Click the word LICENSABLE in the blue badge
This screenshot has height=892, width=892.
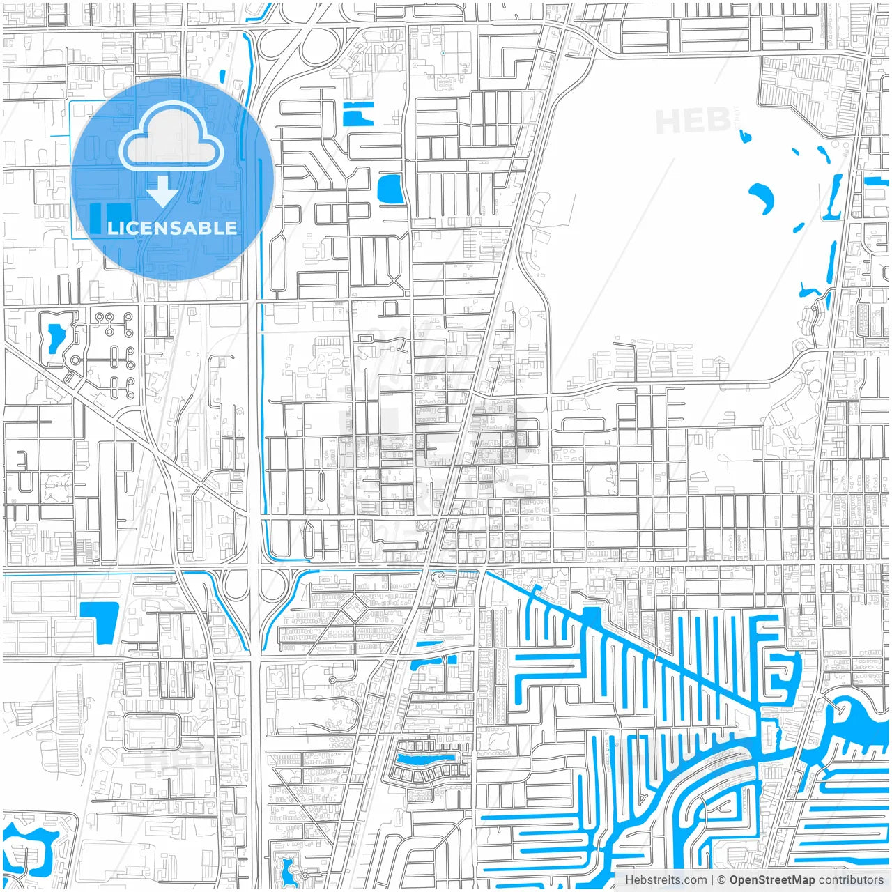click(172, 228)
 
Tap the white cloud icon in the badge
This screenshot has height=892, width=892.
click(171, 137)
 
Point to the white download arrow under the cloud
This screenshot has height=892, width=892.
click(162, 191)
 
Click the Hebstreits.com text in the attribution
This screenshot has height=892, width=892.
click(666, 879)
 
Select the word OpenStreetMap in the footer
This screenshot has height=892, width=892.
click(771, 879)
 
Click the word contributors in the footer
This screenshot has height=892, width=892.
click(850, 879)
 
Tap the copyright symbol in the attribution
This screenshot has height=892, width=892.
click(721, 879)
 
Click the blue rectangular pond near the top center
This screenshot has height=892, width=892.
click(358, 114)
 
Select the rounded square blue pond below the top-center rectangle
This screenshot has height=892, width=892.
click(389, 189)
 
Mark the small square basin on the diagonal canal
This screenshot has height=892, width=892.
click(592, 615)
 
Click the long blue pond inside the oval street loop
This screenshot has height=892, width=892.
click(424, 757)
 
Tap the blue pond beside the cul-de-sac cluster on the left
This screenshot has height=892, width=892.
click(52, 340)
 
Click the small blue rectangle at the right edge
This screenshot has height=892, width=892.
click(872, 182)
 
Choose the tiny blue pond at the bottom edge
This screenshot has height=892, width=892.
click(287, 868)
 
